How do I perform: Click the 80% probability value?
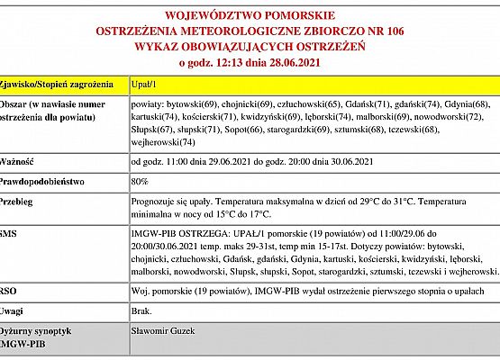point(140,181)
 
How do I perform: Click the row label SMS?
point(8,234)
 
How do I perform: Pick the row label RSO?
point(8,290)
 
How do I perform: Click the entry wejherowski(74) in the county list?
point(164,141)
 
